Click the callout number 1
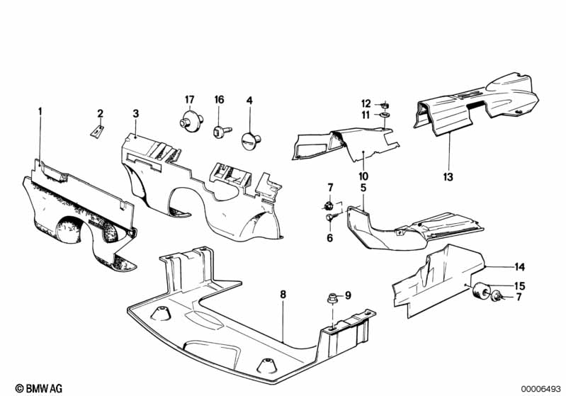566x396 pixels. click(x=40, y=111)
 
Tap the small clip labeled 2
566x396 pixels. click(x=97, y=131)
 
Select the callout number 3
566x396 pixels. click(x=135, y=114)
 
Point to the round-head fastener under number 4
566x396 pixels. click(x=251, y=140)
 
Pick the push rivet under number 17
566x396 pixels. click(x=191, y=120)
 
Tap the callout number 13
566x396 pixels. click(x=448, y=177)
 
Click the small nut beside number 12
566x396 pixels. click(x=385, y=105)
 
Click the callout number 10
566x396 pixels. click(x=363, y=176)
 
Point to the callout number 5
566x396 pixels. click(x=363, y=188)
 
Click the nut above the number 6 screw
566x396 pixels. click(x=328, y=206)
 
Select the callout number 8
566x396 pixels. click(x=283, y=295)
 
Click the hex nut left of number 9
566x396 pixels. click(x=332, y=298)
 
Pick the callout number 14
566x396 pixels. click(x=519, y=267)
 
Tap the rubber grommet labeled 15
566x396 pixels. click(x=481, y=290)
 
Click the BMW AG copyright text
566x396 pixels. click(x=39, y=388)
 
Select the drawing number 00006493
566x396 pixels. click(x=541, y=388)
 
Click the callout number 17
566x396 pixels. click(x=190, y=100)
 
